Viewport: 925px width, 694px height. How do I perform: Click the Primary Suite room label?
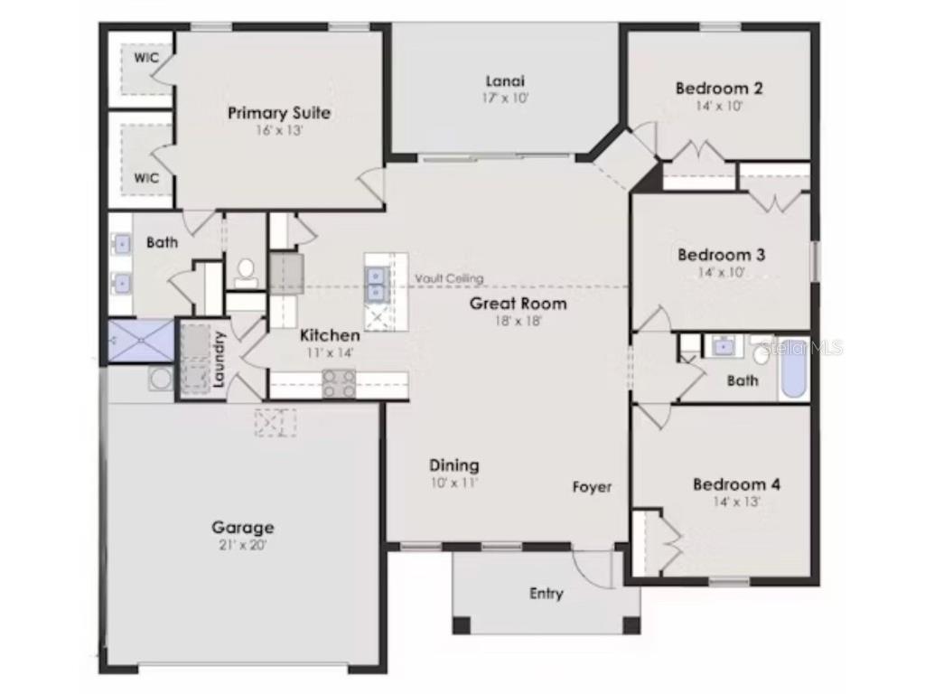pos(278,114)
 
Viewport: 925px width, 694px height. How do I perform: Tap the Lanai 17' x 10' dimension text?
pos(505,98)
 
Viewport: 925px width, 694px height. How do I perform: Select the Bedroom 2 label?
pos(719,89)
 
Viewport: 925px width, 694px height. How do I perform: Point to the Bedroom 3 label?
pos(721,255)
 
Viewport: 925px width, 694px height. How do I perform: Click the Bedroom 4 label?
pos(736,484)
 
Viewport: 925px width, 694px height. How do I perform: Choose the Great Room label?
pos(518,304)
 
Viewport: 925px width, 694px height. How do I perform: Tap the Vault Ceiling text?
pos(449,278)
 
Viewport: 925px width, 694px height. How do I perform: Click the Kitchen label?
pos(330,335)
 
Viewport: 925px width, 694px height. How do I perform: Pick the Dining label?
pos(453,465)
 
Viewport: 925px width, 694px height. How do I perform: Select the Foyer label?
pos(592,487)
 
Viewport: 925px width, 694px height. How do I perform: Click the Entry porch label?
pos(546,594)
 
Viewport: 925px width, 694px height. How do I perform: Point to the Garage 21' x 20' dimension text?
pos(242,545)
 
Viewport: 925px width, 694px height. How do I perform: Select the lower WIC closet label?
pos(146,177)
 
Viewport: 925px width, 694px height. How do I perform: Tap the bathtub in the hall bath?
pos(793,368)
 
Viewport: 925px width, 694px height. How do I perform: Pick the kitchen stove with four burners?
pos(339,385)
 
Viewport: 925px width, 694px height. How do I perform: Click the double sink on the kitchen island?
pos(377,282)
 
